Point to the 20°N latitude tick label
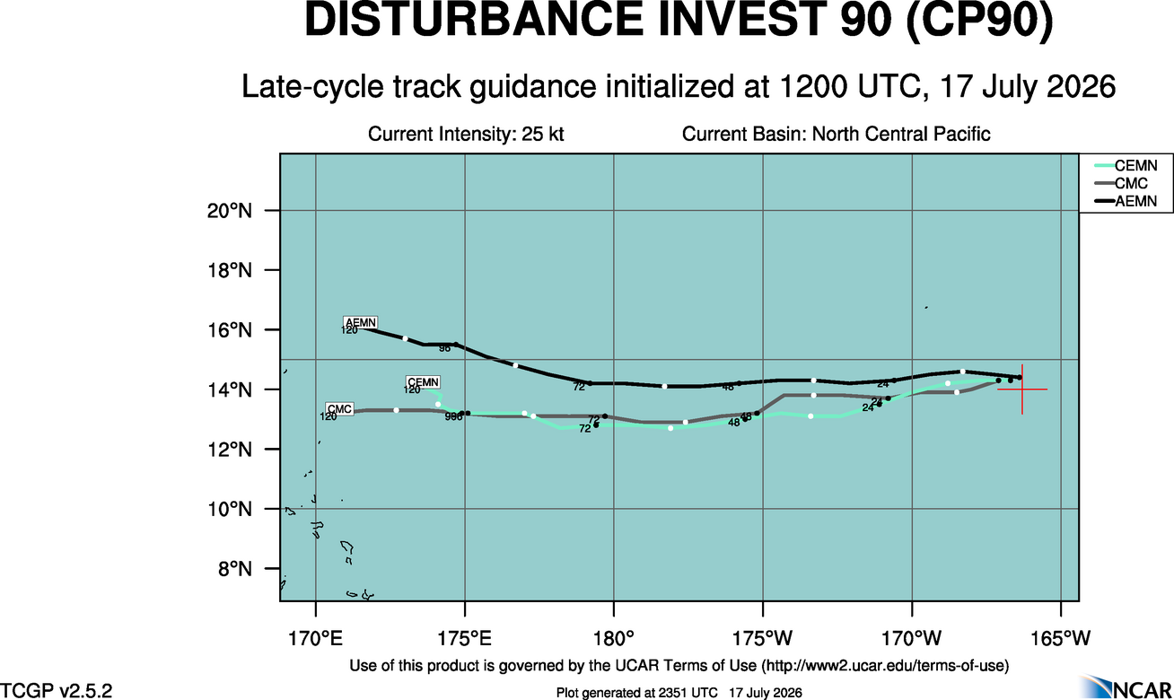point(230,211)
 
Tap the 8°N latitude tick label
point(235,568)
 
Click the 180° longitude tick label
point(614,639)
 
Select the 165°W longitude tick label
point(1061,639)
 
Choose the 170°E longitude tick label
point(316,639)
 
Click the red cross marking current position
point(1022,389)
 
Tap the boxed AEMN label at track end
point(361,322)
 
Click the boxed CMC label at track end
point(339,408)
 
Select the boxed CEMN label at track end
point(423,382)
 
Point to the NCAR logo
point(1126,687)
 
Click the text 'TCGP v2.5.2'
point(56,690)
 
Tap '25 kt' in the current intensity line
point(542,134)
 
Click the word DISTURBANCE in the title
point(473,20)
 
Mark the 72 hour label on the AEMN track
point(579,387)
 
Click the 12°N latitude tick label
point(230,450)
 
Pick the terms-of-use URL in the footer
point(885,666)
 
